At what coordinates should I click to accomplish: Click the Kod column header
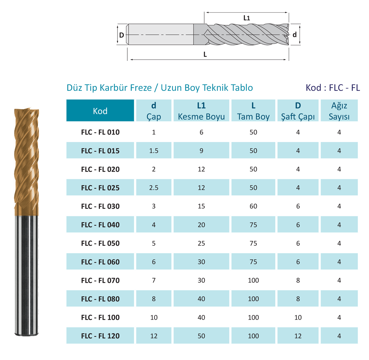(100, 111)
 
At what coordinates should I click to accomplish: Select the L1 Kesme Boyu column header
(201, 111)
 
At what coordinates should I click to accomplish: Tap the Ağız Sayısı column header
(339, 111)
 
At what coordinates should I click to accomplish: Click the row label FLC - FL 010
(100, 132)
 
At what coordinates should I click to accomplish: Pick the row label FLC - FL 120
(100, 336)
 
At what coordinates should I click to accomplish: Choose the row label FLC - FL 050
(100, 243)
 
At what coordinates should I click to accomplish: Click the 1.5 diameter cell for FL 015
(154, 150)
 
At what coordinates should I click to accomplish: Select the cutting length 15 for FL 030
(201, 206)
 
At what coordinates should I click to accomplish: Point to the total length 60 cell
(253, 206)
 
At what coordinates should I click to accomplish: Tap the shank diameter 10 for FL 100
(298, 317)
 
